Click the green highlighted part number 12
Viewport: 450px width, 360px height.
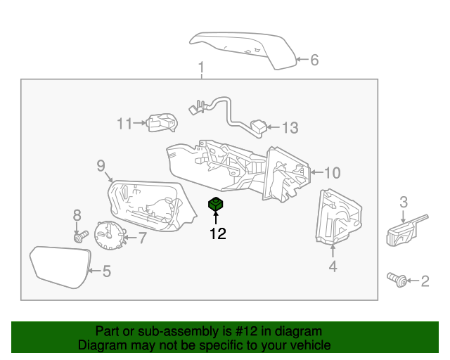(x=216, y=205)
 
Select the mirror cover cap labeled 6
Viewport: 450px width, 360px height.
(x=243, y=49)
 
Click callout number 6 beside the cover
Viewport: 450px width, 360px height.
(x=314, y=60)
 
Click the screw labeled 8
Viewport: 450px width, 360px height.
(x=79, y=237)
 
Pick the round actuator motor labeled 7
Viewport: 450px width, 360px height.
(x=109, y=235)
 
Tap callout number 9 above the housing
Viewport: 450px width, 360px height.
(x=101, y=166)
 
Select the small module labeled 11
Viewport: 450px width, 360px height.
(x=162, y=122)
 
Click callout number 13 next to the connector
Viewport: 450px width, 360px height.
(x=290, y=128)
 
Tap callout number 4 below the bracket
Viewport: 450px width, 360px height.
(x=333, y=266)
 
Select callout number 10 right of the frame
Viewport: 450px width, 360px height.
(x=330, y=172)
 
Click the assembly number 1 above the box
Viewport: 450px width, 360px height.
(x=201, y=68)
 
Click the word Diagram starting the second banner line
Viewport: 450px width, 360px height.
(x=100, y=345)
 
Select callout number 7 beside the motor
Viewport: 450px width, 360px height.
(x=142, y=238)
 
